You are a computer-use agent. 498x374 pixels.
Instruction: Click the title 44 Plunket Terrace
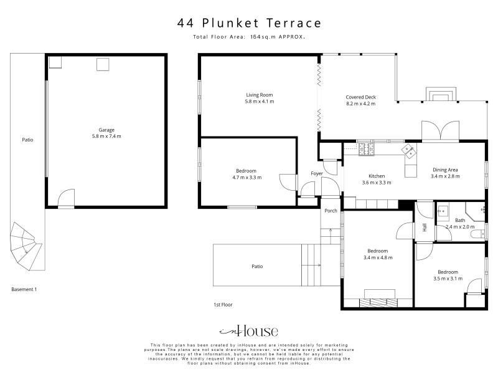pyautogui.click(x=250, y=23)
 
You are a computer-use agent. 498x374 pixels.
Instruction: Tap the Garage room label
pyautogui.click(x=106, y=130)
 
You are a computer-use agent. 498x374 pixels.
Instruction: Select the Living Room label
pyautogui.click(x=260, y=95)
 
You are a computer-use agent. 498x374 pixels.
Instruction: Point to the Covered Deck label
pyautogui.click(x=361, y=97)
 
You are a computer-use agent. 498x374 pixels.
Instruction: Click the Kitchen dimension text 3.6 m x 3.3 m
pyautogui.click(x=377, y=183)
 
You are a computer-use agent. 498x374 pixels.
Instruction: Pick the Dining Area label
pyautogui.click(x=445, y=170)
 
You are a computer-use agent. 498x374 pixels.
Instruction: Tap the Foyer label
pyautogui.click(x=317, y=173)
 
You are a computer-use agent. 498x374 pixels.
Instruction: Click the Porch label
pyautogui.click(x=331, y=211)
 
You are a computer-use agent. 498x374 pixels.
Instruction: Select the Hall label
pyautogui.click(x=425, y=227)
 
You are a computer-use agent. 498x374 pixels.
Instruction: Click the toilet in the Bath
pyautogui.click(x=478, y=234)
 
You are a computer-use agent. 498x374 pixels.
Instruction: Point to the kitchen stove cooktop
pyautogui.click(x=367, y=149)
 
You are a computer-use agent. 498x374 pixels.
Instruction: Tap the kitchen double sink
pyautogui.click(x=409, y=151)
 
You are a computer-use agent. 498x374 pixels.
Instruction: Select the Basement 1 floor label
pyautogui.click(x=24, y=289)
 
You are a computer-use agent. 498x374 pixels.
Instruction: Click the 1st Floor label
pyautogui.click(x=223, y=305)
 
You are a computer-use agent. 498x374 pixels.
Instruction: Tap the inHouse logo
pyautogui.click(x=248, y=331)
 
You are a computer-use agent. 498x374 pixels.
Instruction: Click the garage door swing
pyautogui.click(x=67, y=198)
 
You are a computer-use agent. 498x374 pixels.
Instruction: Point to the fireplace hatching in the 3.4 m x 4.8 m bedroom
pyautogui.click(x=378, y=303)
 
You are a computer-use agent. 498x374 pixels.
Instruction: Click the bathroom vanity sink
pyautogui.click(x=443, y=211)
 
